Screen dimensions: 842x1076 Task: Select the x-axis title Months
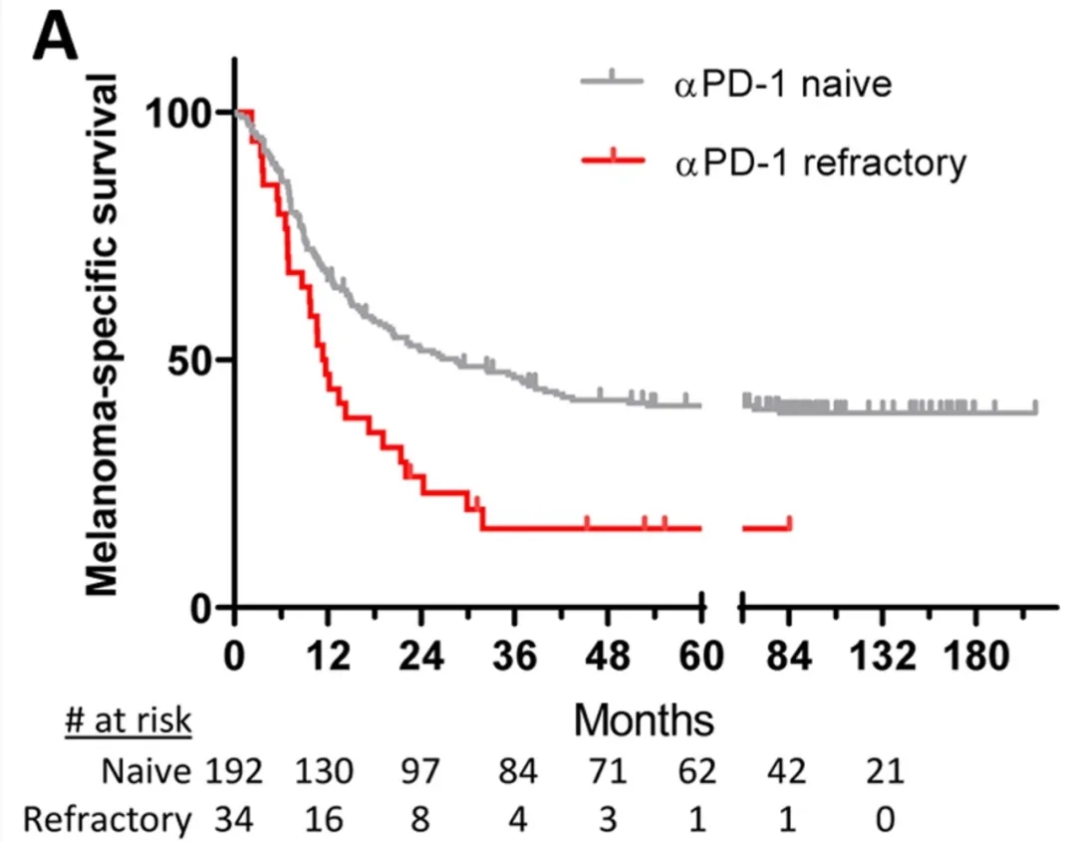tap(644, 718)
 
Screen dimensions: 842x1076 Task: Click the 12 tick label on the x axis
tap(329, 658)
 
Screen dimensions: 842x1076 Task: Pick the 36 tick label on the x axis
tap(515, 658)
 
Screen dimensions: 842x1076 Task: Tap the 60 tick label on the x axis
tap(701, 658)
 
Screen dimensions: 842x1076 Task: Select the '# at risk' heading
tap(128, 720)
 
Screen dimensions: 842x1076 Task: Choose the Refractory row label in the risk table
tap(107, 819)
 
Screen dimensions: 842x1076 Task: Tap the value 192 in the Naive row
tap(235, 770)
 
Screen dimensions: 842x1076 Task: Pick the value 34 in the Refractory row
tap(235, 819)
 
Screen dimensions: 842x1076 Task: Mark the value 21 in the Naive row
tap(883, 770)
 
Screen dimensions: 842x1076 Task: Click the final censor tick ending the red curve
tap(790, 523)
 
